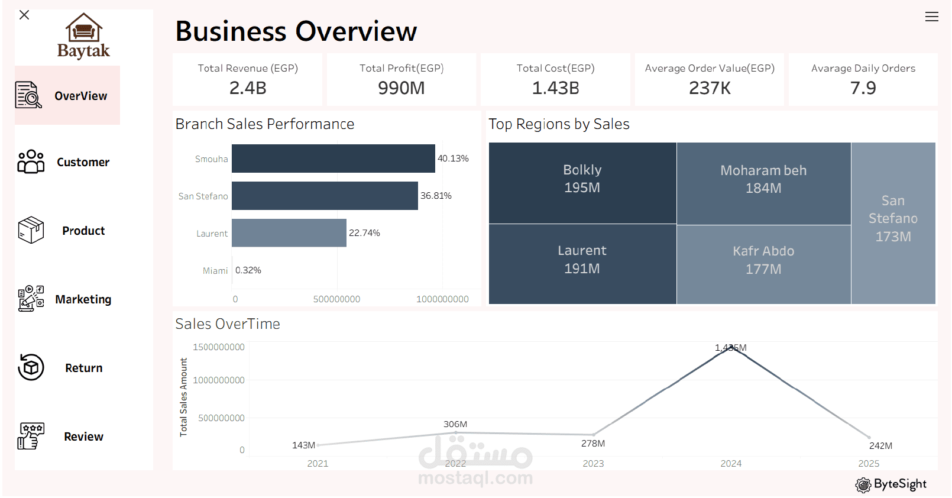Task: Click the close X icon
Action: point(24,15)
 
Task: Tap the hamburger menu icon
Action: point(932,17)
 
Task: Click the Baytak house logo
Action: point(84,35)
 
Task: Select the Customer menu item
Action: point(64,161)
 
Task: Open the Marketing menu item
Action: point(64,299)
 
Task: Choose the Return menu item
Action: point(60,367)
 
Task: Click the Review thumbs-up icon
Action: point(31,436)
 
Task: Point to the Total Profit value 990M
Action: point(401,88)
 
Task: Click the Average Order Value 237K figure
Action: point(710,88)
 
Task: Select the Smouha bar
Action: point(333,158)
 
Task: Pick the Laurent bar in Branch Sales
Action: point(289,232)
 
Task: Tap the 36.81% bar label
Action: point(436,196)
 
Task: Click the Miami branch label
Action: point(215,270)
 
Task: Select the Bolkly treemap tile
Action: point(582,183)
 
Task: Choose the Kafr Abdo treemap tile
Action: point(764,264)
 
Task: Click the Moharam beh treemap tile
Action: point(764,183)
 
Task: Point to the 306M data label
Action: point(455,424)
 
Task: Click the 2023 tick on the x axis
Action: point(593,463)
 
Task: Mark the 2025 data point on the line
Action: point(869,437)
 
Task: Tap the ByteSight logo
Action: point(891,484)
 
